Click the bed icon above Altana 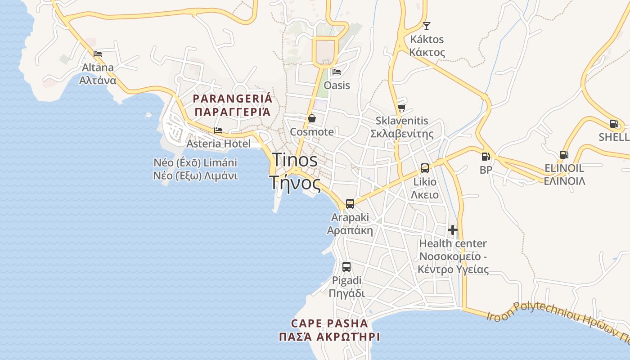click(x=98, y=54)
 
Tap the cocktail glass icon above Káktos click(x=426, y=26)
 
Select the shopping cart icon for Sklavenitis click(x=401, y=108)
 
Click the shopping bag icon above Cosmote click(x=311, y=118)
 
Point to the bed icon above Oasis click(x=336, y=72)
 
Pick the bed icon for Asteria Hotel click(x=218, y=130)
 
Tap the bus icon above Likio click(x=424, y=168)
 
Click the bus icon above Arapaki click(x=350, y=204)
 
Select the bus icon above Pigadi click(x=346, y=267)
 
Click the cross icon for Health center click(x=453, y=230)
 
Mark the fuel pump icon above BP click(x=486, y=157)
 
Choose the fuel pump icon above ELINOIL click(x=563, y=155)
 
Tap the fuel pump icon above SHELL click(x=614, y=124)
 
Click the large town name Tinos click(x=295, y=160)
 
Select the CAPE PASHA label click(x=329, y=323)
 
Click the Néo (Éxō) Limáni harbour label click(x=195, y=162)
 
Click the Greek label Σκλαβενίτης click(x=402, y=134)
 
